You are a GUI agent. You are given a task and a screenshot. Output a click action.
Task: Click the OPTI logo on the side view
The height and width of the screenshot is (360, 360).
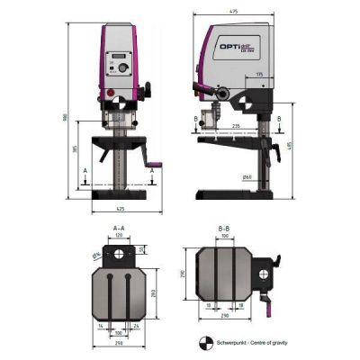pyautogui.click(x=237, y=43)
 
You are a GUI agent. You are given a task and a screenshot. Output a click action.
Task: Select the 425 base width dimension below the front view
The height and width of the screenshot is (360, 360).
pyautogui.click(x=119, y=211)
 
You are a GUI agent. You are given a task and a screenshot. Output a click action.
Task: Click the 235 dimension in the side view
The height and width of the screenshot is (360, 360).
pyautogui.click(x=235, y=126)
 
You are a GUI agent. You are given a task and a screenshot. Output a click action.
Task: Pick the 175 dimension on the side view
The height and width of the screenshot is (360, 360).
pyautogui.click(x=260, y=74)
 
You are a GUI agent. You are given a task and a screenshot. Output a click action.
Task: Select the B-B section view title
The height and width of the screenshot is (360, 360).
pyautogui.click(x=226, y=229)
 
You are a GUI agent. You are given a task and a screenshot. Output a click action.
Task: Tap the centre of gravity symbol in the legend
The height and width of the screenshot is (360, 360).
pyautogui.click(x=203, y=342)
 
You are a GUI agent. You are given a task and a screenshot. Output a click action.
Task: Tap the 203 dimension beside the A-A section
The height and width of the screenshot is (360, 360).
pyautogui.click(x=156, y=292)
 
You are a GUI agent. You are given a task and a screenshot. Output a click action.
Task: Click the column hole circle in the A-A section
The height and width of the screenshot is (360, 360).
pyautogui.click(x=117, y=256)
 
